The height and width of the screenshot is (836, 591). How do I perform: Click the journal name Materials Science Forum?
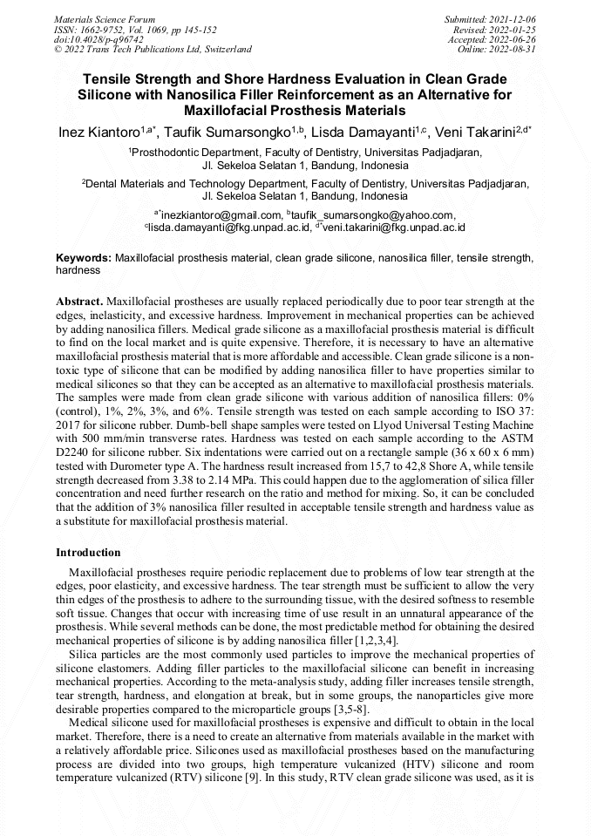(x=105, y=18)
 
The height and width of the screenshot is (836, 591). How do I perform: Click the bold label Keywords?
(x=84, y=259)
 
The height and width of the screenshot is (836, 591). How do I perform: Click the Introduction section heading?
(x=88, y=553)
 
